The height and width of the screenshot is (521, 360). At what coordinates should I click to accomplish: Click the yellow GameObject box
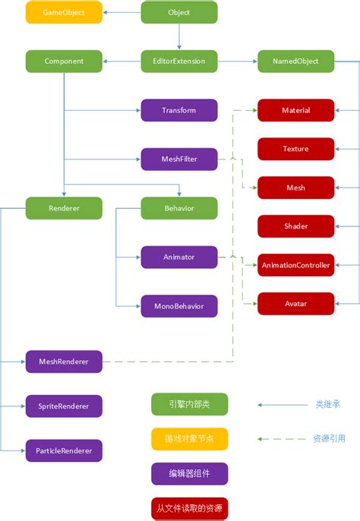(63, 13)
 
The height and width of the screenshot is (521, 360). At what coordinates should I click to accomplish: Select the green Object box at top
(179, 13)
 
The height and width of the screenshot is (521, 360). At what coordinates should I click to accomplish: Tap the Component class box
(64, 62)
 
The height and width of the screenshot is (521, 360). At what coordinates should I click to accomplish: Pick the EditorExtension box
(179, 62)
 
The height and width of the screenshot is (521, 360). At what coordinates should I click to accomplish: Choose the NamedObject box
(295, 62)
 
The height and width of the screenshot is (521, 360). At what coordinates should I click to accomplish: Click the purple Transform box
(179, 110)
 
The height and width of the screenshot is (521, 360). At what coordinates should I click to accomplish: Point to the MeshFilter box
(179, 159)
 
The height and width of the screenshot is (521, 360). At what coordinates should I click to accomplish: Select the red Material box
(295, 110)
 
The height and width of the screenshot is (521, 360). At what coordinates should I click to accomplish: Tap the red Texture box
(295, 149)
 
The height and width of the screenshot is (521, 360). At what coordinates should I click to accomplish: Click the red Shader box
(295, 226)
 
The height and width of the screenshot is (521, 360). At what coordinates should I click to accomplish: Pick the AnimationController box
(295, 265)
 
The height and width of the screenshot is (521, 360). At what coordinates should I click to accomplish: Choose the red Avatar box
(295, 304)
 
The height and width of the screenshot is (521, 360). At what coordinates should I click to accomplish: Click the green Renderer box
(64, 208)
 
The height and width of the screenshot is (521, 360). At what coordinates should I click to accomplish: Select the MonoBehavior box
(179, 306)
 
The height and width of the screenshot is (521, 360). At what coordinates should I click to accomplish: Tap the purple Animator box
(179, 257)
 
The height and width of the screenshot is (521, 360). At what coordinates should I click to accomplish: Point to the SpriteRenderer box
(64, 406)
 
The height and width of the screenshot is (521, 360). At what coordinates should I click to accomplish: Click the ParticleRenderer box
(64, 450)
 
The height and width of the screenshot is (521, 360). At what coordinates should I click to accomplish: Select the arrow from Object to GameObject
(122, 13)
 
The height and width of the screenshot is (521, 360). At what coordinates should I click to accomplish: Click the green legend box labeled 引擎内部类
(189, 404)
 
